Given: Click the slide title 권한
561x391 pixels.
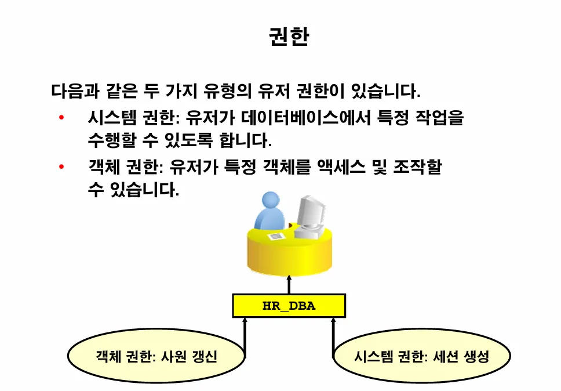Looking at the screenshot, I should click(x=289, y=37).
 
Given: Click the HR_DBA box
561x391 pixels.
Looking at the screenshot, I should click(x=289, y=306).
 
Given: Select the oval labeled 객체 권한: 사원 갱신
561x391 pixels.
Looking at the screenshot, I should click(x=156, y=356).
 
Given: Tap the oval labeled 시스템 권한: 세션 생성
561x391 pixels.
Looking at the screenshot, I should click(x=421, y=356).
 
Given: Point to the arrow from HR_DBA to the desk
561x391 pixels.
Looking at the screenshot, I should click(x=289, y=284).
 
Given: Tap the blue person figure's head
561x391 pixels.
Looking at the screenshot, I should click(x=272, y=201).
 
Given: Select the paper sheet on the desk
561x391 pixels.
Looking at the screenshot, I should click(x=277, y=237).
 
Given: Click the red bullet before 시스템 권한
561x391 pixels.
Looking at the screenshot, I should click(x=61, y=119).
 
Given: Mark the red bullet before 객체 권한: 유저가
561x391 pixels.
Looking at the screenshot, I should click(x=61, y=168).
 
